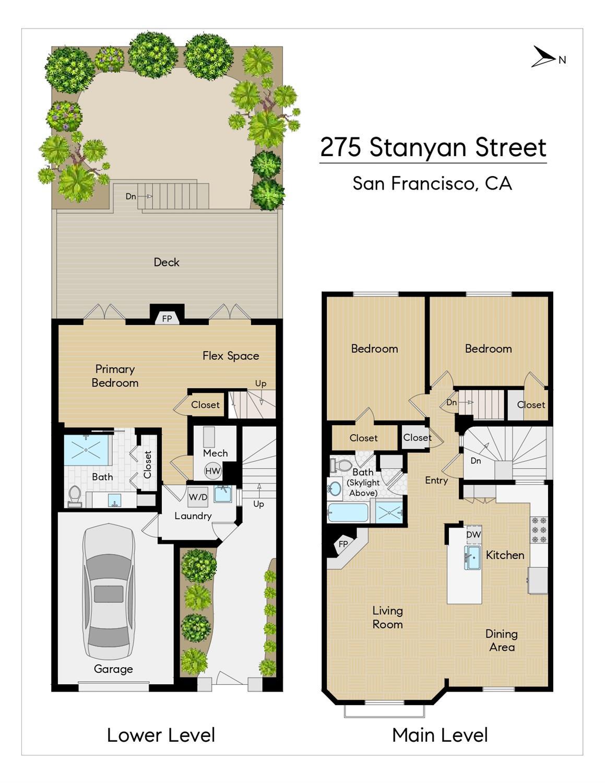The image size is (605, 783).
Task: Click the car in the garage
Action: [x=109, y=593]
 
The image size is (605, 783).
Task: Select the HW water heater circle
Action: [x=213, y=471]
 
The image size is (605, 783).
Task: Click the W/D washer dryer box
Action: [x=198, y=497]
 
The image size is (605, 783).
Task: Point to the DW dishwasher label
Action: [x=473, y=535]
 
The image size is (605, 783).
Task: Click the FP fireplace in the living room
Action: [x=343, y=543]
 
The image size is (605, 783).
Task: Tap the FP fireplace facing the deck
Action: [x=167, y=319]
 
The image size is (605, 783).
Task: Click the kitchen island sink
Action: [x=472, y=557]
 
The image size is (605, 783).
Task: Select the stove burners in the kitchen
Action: [x=539, y=530]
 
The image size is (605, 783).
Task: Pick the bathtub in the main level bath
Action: [x=348, y=512]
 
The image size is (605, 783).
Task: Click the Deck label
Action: [x=167, y=262]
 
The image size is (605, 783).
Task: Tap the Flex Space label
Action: [x=231, y=356]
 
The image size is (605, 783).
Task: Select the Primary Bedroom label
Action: [x=115, y=376]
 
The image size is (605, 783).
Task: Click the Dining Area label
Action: [x=502, y=640]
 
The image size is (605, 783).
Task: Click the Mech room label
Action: [x=216, y=453]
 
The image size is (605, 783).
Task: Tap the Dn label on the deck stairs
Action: [x=131, y=196]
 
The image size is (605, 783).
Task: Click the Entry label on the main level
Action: [x=436, y=481]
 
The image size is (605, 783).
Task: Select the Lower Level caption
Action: [x=161, y=735]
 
